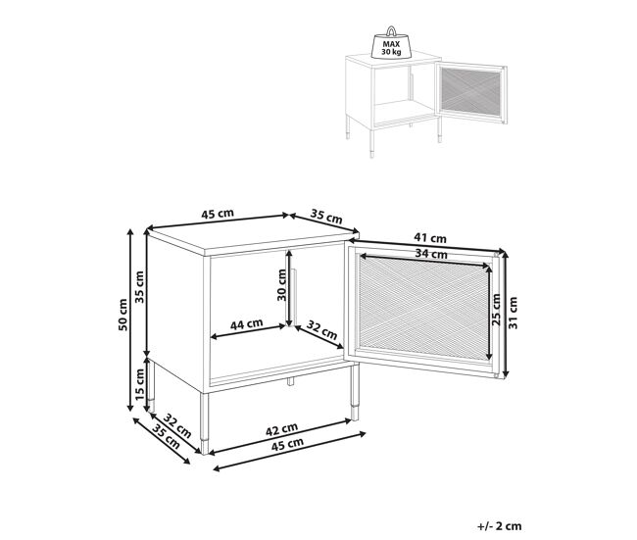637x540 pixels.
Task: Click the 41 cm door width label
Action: coord(430,238)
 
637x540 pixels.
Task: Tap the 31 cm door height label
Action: coord(514,313)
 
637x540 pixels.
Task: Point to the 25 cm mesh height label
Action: coord(496,310)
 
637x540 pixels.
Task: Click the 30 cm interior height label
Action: coord(281,285)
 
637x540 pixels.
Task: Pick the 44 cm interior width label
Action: coord(247,324)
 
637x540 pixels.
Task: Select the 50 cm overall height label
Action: coord(123,315)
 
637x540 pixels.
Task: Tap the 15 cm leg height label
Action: coord(139,383)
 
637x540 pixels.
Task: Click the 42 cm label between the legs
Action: coord(281,429)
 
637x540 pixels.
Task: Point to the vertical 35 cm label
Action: coord(139,287)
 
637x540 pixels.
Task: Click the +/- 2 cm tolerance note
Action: coord(499,526)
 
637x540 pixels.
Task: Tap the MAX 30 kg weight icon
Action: coord(391,43)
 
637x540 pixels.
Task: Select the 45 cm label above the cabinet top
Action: coord(218,214)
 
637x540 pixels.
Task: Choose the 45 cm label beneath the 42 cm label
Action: coord(287,444)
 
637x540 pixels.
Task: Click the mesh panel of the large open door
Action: coord(423,308)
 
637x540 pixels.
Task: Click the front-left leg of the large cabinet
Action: coord(205,422)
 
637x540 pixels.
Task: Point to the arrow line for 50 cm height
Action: coord(130,319)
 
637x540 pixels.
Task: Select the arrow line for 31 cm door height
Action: coord(505,314)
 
